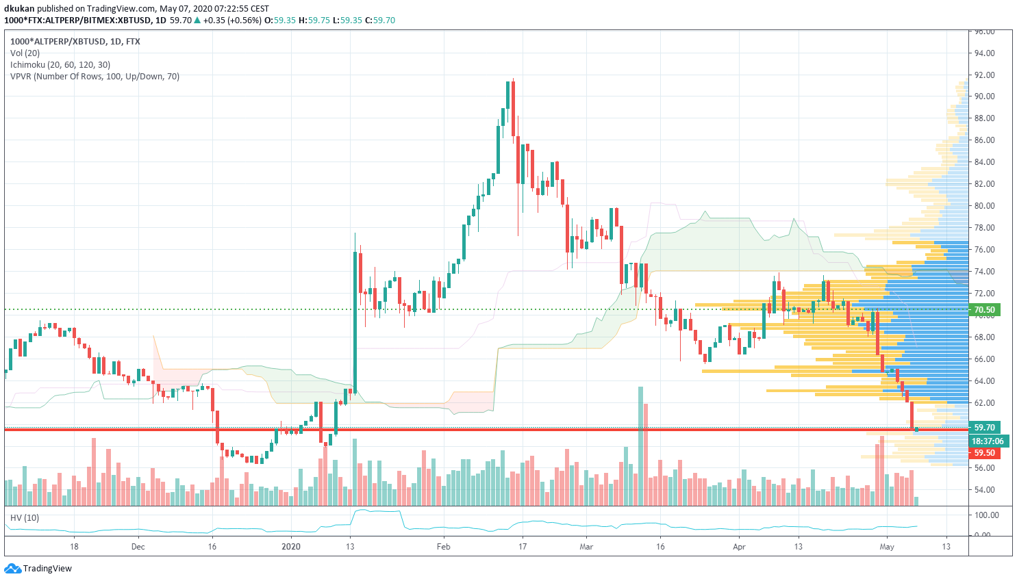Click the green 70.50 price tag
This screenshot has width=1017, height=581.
pos(984,310)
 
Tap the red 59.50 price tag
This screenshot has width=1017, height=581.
pos(984,453)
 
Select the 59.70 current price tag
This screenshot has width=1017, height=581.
pos(984,427)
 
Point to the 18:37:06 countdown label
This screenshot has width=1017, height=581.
pos(987,441)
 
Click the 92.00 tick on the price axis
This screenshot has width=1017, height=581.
pos(985,75)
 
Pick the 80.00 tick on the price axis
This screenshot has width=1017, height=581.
pos(985,205)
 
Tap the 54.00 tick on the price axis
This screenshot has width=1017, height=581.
pos(985,490)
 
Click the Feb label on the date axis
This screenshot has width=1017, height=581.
pos(444,547)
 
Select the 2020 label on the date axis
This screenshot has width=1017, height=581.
pos(291,547)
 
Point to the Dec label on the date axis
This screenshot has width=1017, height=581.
pos(138,547)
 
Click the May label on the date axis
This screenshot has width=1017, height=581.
pos(887,547)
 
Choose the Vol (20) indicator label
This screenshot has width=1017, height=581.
pos(25,53)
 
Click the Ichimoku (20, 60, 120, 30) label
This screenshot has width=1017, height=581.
pos(60,64)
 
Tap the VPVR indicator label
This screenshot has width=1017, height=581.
pos(95,76)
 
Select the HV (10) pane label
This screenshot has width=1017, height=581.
pos(25,517)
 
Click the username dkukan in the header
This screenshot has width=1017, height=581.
pos(19,8)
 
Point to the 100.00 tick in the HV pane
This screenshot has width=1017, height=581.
pos(987,515)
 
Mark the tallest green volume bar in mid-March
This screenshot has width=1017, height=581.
pos(640,445)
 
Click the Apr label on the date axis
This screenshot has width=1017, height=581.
pos(739,547)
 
